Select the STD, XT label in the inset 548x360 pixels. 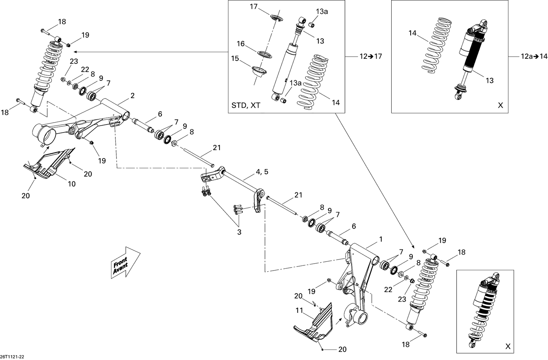point(246,106)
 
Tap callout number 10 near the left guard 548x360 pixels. point(72,184)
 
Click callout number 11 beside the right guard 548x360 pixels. point(300,311)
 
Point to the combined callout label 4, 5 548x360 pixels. point(262,172)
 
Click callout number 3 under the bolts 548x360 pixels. point(239,232)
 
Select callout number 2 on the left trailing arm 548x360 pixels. point(133,96)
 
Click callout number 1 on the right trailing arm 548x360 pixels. point(381,239)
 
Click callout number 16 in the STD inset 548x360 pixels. point(240,44)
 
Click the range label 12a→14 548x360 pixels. point(534,56)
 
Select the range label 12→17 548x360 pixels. point(370,56)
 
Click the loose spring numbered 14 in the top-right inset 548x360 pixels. point(433,47)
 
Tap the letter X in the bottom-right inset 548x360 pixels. point(507,346)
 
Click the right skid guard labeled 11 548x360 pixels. point(315,321)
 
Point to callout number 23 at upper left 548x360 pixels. point(74,61)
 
